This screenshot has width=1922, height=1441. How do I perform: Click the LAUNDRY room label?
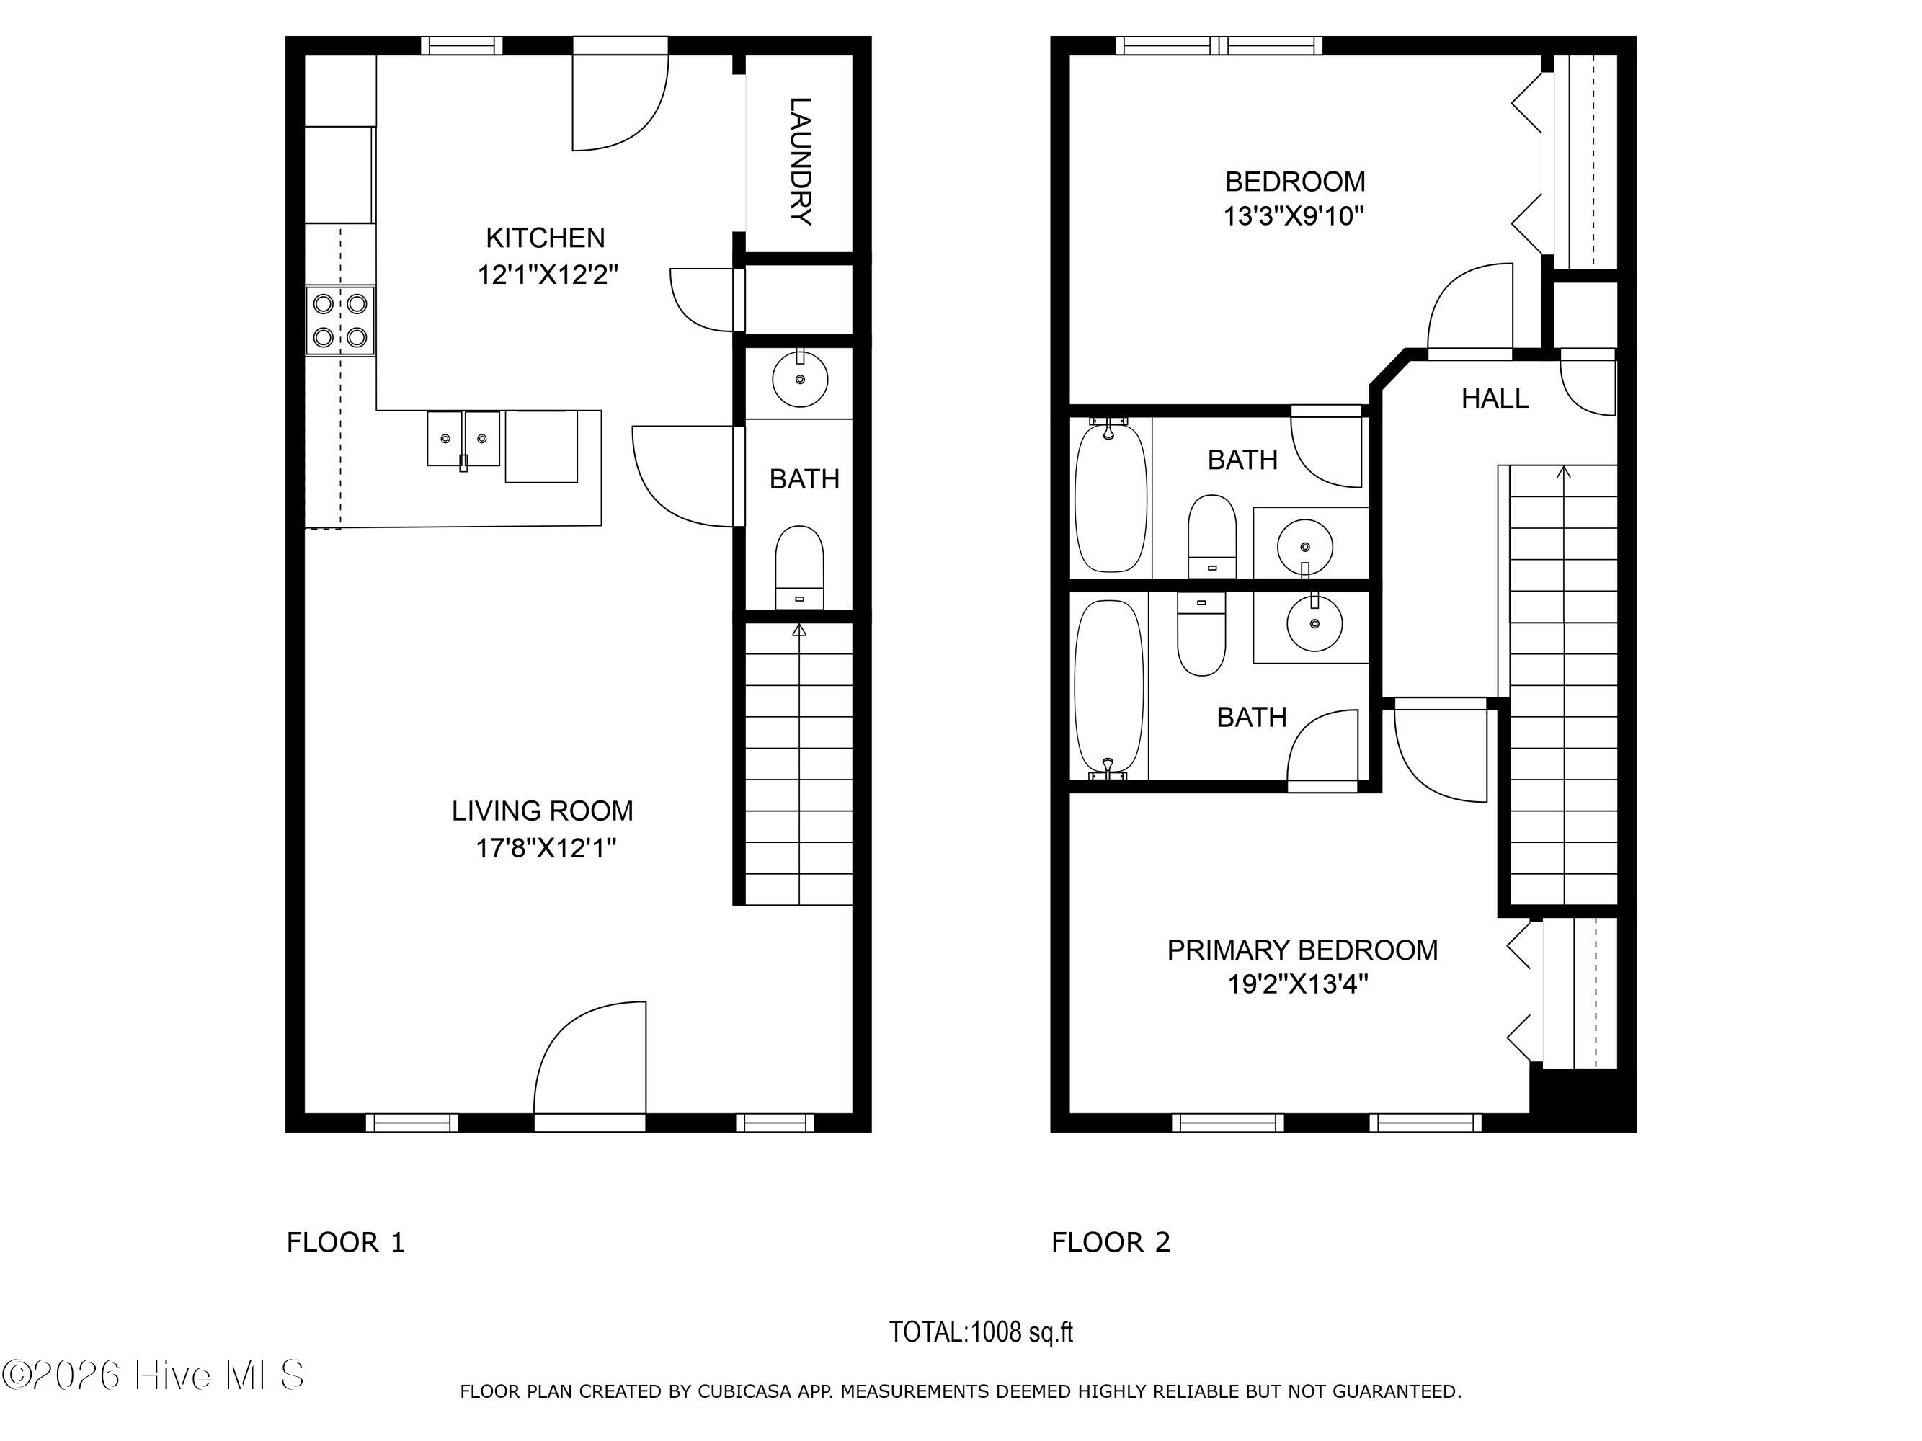pyautogui.click(x=800, y=161)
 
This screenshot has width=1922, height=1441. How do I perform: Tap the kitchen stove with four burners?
pyautogui.click(x=339, y=321)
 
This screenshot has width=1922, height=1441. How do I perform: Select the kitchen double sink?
pyautogui.click(x=463, y=439)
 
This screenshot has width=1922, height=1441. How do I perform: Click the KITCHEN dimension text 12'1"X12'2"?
pyautogui.click(x=548, y=275)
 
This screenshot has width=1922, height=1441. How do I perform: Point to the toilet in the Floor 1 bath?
pyautogui.click(x=799, y=566)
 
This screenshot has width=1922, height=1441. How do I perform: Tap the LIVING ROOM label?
pyautogui.click(x=542, y=811)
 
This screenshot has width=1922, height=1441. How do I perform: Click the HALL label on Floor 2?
pyautogui.click(x=1495, y=398)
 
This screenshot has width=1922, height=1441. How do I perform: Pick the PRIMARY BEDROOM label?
pyautogui.click(x=1302, y=950)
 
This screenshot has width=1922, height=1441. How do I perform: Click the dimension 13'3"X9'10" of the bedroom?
pyautogui.click(x=1294, y=215)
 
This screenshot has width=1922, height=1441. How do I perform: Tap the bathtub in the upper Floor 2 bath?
pyautogui.click(x=1111, y=497)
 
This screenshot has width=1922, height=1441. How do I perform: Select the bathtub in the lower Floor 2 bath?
pyautogui.click(x=1108, y=685)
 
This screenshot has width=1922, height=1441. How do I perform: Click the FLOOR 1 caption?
pyautogui.click(x=346, y=1243)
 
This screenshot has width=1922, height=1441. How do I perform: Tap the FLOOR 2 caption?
pyautogui.click(x=1111, y=1243)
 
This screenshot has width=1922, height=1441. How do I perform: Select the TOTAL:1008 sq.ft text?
pyautogui.click(x=981, y=1332)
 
